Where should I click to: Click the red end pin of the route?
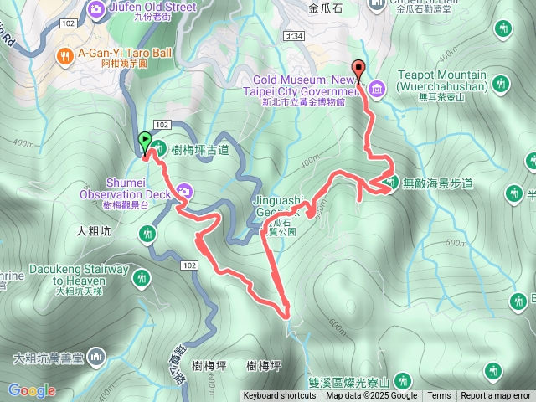tap(360, 70)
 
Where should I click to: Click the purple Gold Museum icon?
tap(376, 87)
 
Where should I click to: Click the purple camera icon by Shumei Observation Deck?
tap(183, 192)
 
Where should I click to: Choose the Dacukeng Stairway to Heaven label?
tap(78, 275)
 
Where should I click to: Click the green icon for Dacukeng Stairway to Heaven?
tap(142, 276)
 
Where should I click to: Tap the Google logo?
tap(32, 390)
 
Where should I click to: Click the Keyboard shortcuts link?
tap(280, 396)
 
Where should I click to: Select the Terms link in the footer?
tap(438, 396)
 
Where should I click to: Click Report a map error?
tap(496, 396)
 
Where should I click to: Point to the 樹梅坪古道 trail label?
tap(205, 149)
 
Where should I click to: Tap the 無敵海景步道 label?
tap(438, 183)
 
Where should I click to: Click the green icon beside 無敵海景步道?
tap(391, 182)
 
